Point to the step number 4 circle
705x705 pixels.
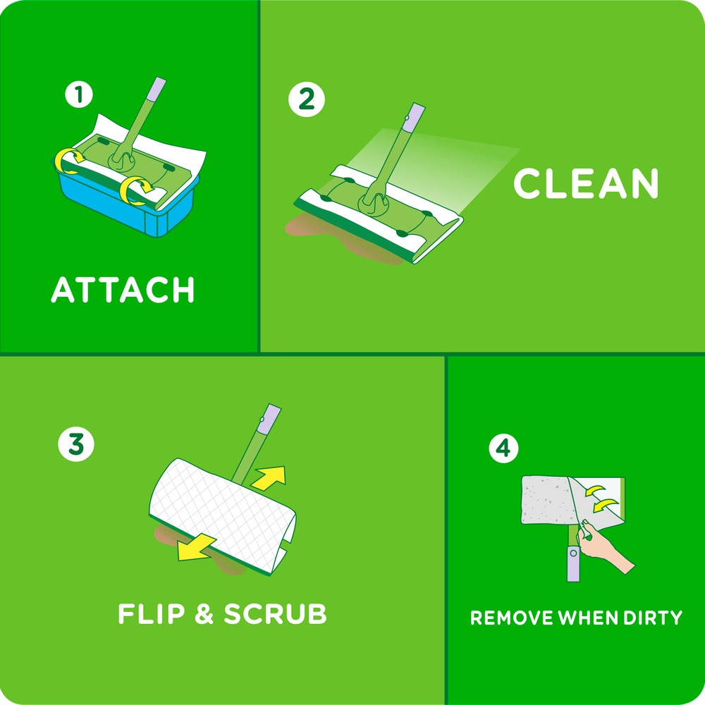503,448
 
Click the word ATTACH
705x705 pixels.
123,290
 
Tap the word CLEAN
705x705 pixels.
585,183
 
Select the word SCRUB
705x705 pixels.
275,613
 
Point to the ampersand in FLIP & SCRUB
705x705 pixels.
203,613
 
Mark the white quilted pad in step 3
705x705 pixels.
219,508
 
